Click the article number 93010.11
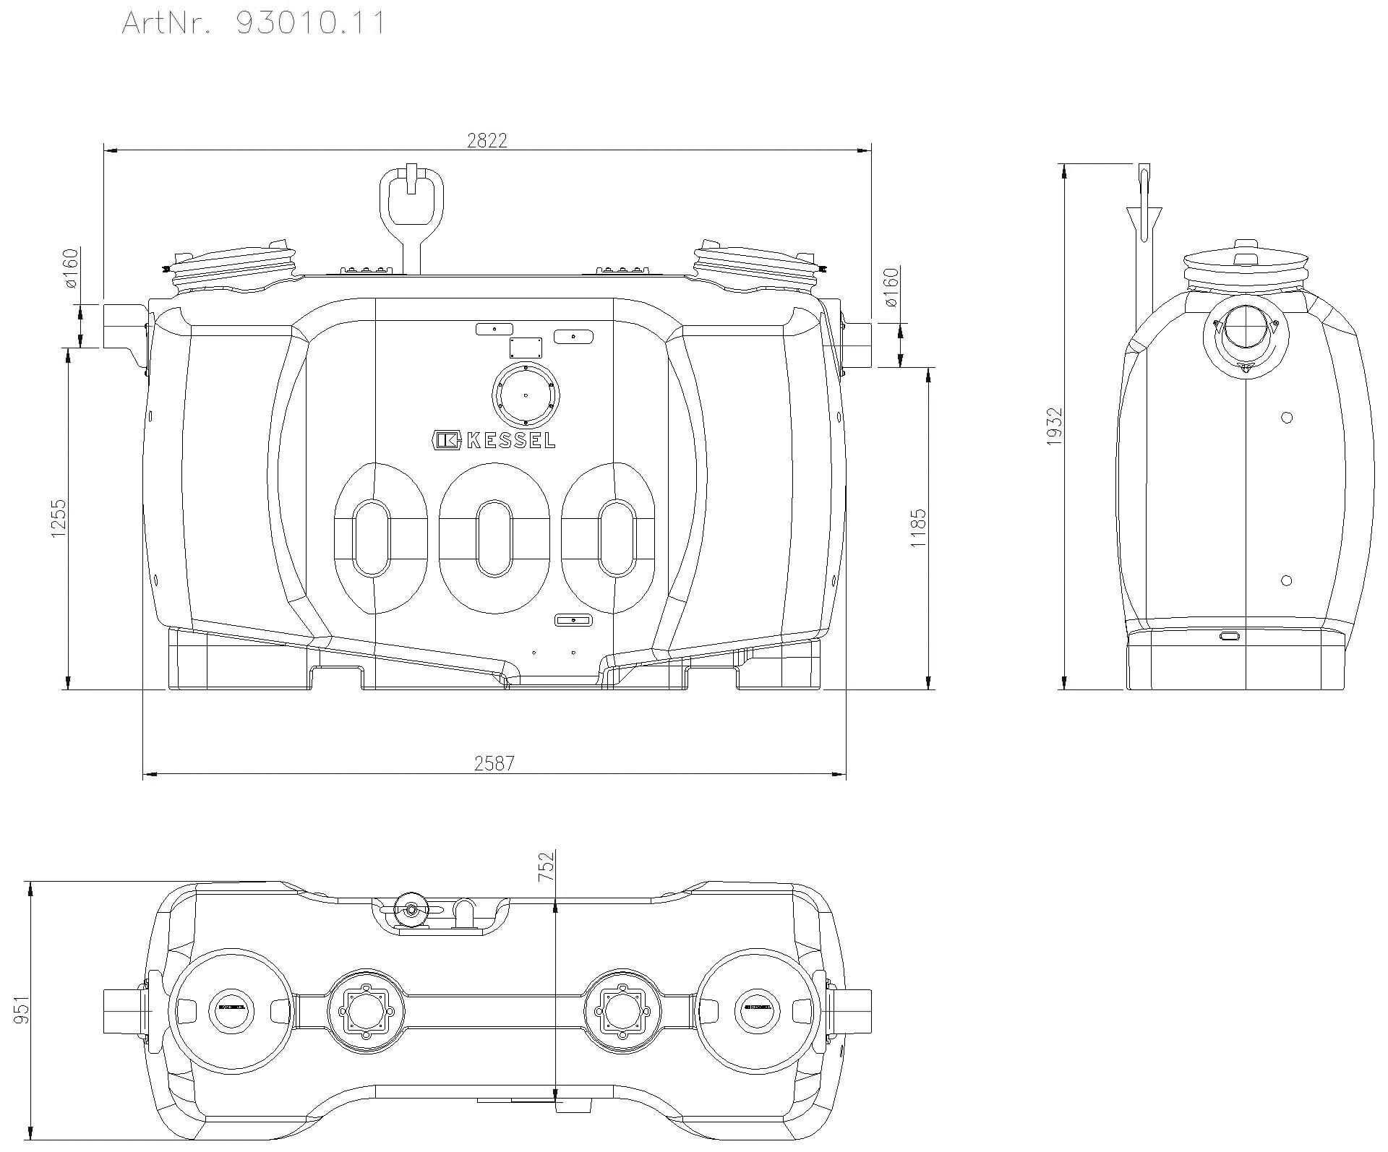tap(311, 22)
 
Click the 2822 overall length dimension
tap(487, 140)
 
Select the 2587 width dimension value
tap(494, 763)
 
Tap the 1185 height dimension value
tap(918, 528)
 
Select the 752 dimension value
tap(546, 866)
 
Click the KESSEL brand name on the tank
tap(511, 440)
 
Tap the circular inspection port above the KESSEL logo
tap(526, 395)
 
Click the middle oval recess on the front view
tap(494, 538)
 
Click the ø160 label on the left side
tap(71, 268)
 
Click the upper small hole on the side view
tap(1286, 417)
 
